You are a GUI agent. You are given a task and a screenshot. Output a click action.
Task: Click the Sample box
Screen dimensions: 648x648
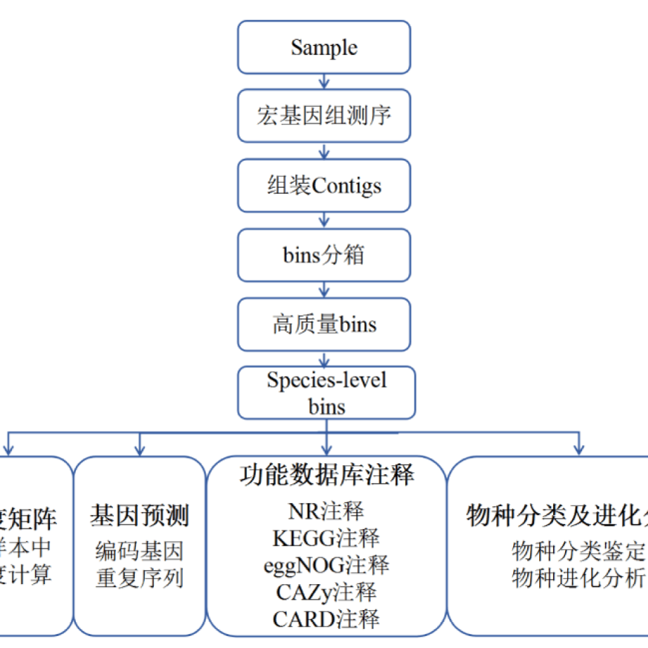click(324, 47)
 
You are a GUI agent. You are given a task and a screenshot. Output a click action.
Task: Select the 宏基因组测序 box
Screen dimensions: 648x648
click(324, 116)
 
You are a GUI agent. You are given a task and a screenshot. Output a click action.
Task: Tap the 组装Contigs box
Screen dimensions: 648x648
click(324, 185)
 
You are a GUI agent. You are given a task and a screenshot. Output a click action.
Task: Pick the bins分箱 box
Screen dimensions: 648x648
click(324, 255)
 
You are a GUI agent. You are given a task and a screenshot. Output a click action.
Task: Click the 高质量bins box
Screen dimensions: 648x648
click(324, 325)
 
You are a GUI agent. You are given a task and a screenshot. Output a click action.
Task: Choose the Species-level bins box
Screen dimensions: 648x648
click(327, 392)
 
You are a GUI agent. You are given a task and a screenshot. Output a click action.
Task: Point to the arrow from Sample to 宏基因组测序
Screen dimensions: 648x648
click(324, 82)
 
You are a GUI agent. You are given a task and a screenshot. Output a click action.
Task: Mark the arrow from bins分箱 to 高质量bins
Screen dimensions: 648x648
click(324, 290)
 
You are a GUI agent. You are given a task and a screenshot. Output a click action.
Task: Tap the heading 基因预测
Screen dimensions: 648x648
click(140, 516)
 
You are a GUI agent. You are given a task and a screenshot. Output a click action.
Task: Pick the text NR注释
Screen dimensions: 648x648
click(327, 510)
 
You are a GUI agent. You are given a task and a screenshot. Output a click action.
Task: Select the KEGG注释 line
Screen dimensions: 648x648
click(327, 538)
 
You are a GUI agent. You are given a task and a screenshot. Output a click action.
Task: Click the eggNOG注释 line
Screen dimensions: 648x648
click(327, 565)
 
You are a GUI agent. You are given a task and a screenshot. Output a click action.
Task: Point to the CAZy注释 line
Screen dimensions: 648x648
click(327, 593)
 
